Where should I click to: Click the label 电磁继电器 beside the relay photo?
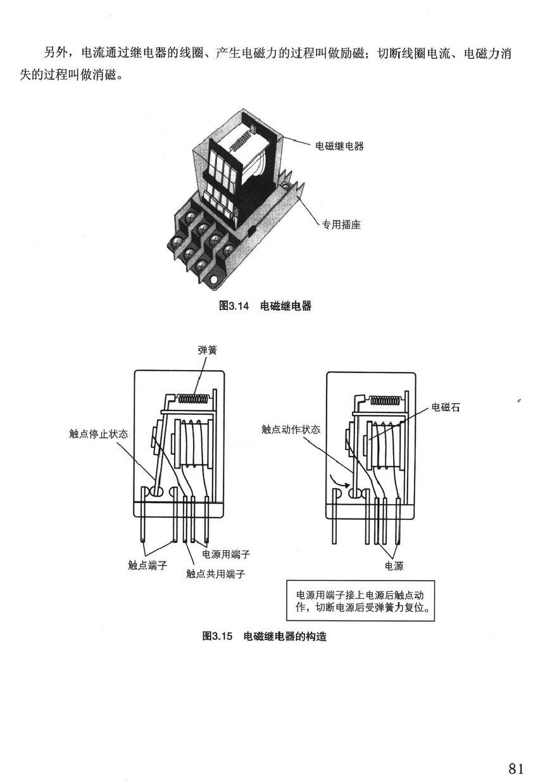click(x=339, y=146)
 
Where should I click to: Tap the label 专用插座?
click(x=341, y=225)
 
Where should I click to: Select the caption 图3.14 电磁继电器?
click(x=265, y=306)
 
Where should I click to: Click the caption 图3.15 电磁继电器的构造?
click(x=265, y=636)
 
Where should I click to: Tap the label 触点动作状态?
click(x=291, y=429)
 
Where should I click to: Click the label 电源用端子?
click(x=226, y=554)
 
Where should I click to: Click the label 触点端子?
click(x=147, y=565)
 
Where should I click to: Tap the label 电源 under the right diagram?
click(x=394, y=565)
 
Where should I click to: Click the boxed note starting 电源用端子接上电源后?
click(x=361, y=601)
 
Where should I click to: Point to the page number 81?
click(x=516, y=768)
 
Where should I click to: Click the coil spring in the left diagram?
click(x=195, y=398)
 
